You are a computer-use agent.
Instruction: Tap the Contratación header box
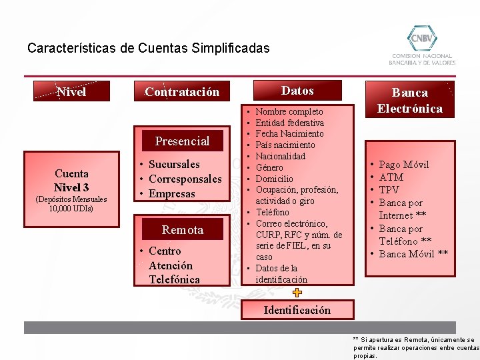[183, 91]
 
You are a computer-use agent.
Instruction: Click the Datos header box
[297, 91]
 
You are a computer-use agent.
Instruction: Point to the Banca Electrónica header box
[409, 101]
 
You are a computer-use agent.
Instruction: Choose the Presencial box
[182, 141]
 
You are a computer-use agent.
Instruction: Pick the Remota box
[183, 229]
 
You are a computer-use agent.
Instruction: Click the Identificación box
[297, 310]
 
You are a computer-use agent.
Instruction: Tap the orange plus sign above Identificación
[297, 293]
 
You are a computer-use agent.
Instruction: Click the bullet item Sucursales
[174, 164]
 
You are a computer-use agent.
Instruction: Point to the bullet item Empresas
[172, 194]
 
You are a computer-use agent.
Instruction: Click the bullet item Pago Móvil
[404, 165]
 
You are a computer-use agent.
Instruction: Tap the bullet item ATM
[391, 177]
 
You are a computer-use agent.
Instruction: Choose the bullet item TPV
[390, 190]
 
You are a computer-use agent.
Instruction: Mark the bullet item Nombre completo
[289, 112]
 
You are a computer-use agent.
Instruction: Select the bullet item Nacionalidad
[281, 156]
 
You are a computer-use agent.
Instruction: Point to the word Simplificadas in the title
[229, 48]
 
